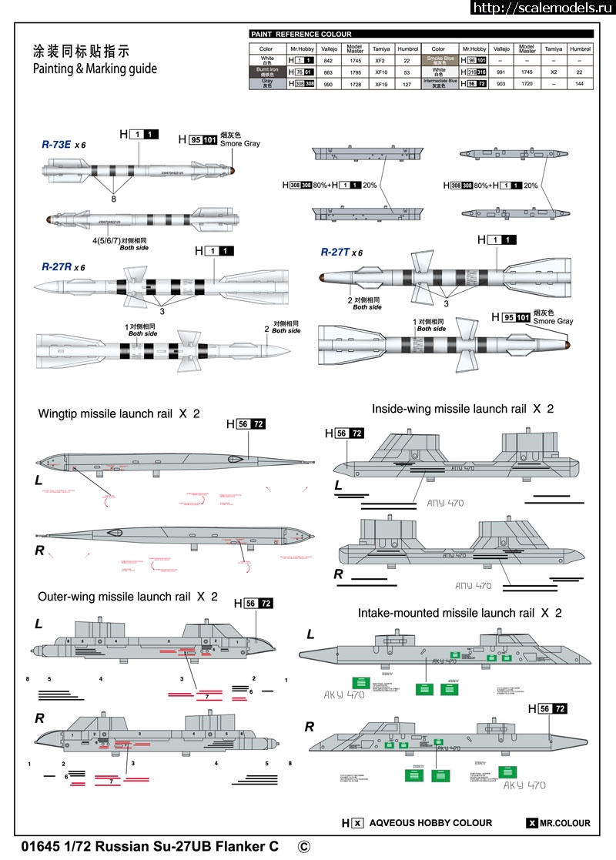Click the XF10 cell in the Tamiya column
(380, 72)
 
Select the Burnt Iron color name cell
(267, 72)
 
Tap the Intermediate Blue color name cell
(438, 84)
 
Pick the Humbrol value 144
(579, 84)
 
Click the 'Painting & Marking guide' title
(95, 69)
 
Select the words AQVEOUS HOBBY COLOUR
(430, 823)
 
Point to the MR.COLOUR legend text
(564, 823)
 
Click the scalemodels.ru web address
(542, 8)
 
